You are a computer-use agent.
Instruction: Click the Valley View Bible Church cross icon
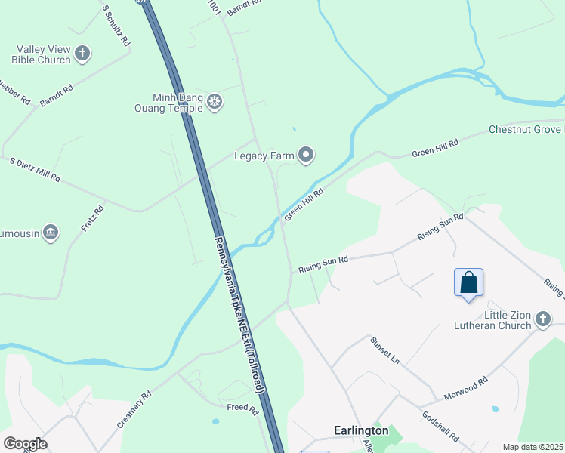[82, 54]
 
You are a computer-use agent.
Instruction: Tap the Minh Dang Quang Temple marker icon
[215, 101]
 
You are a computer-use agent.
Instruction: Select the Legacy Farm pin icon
[306, 156]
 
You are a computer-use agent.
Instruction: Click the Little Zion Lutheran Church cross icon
[542, 320]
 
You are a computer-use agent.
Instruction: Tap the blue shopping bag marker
[468, 283]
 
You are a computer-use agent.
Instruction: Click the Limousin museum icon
[51, 232]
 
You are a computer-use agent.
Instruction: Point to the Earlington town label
[361, 430]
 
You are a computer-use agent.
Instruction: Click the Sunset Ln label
[384, 351]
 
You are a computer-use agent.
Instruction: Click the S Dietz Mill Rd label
[35, 170]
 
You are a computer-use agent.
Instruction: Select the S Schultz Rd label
[116, 26]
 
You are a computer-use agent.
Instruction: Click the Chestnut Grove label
[526, 130]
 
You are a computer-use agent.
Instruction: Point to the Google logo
[25, 444]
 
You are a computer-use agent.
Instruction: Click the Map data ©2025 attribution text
[533, 447]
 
